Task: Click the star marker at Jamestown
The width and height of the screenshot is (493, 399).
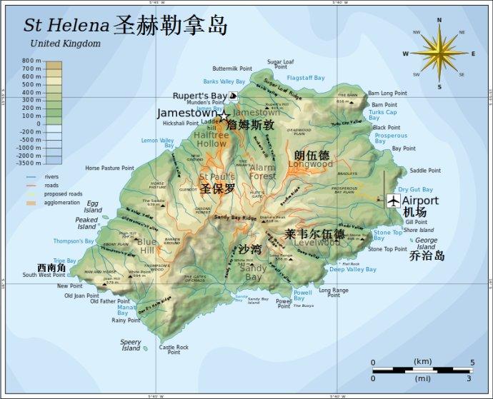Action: click(224, 114)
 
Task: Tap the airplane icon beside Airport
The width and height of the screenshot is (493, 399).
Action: click(392, 201)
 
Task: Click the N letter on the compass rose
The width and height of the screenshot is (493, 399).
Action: click(439, 20)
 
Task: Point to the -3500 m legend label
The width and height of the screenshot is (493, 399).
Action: click(29, 163)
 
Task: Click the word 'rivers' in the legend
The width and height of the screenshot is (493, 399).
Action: click(51, 176)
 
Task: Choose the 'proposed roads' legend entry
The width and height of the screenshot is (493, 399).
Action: click(63, 193)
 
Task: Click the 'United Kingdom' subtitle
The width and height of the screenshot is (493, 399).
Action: click(65, 44)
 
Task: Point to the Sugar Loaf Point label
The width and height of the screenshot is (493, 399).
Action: click(280, 64)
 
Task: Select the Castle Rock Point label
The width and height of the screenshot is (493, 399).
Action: click(174, 349)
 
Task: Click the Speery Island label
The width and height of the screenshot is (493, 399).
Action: click(131, 345)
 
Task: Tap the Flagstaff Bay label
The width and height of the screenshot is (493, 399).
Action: click(306, 78)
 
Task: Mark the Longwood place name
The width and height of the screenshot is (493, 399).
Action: click(310, 164)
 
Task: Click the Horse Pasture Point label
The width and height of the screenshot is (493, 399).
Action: click(109, 168)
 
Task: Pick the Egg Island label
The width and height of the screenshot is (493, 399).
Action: click(93, 206)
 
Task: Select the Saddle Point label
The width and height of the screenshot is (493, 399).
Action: click(425, 171)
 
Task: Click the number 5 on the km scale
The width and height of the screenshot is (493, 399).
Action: click(472, 363)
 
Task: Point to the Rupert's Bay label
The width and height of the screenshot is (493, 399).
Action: click(199, 96)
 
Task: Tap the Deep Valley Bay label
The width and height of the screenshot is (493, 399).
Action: click(352, 269)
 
